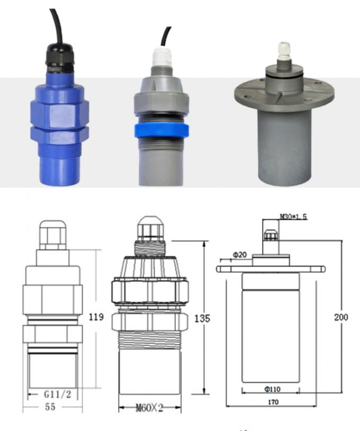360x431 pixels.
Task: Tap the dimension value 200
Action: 341,317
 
